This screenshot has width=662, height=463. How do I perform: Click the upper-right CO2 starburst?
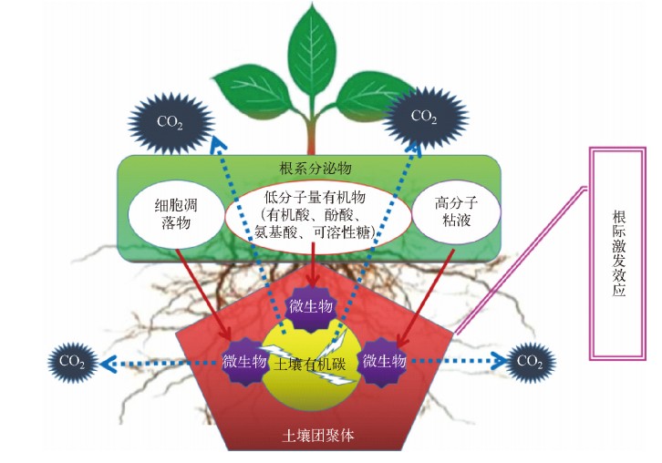(x=423, y=117)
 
